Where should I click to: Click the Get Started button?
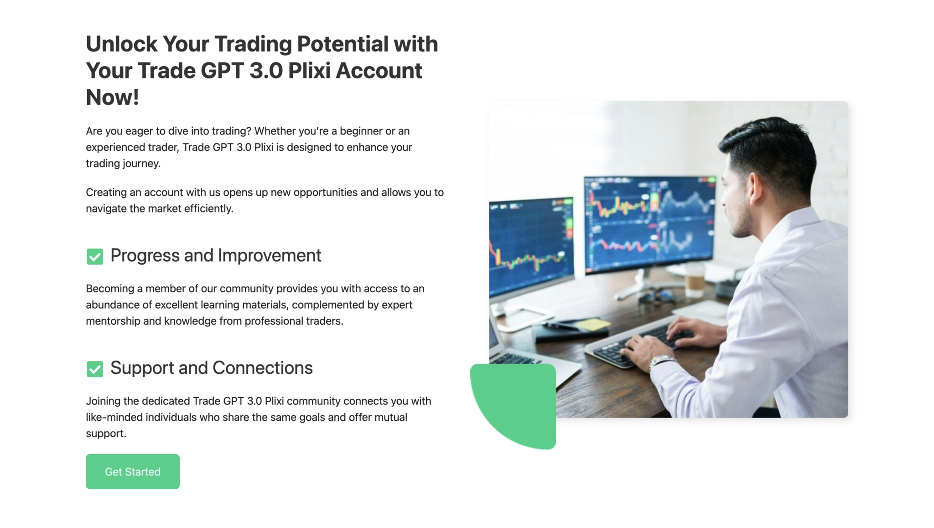[132, 471]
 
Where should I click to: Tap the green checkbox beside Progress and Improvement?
[95, 256]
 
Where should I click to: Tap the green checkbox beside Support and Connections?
[95, 368]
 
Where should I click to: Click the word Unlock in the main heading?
[121, 44]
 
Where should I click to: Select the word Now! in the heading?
[112, 97]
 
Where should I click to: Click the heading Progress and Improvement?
[216, 255]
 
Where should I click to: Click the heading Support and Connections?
[212, 368]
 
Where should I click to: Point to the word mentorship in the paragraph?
[113, 321]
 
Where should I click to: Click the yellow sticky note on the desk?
[592, 325]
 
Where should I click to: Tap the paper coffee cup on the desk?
[695, 277]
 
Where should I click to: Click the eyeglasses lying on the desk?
[657, 296]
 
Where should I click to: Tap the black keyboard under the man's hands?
[638, 347]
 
